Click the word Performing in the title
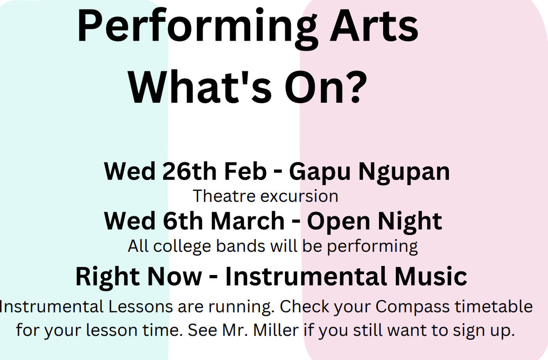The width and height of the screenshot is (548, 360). coord(197,29)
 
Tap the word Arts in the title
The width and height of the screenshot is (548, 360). coord(374,26)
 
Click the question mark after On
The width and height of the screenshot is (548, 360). coord(355,87)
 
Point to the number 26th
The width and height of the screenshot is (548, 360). coord(190,171)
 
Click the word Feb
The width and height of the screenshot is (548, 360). coord(245,171)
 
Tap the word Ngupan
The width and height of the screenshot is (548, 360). coord(404,173)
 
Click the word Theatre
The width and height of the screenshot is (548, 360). coord(224,196)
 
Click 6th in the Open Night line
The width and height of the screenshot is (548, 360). coord(183,221)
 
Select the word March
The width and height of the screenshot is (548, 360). coord(248,221)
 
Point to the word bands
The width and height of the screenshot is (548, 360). coord(241,246)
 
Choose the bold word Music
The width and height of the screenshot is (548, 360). coord(431,276)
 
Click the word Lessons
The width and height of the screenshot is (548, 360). coord(141,307)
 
